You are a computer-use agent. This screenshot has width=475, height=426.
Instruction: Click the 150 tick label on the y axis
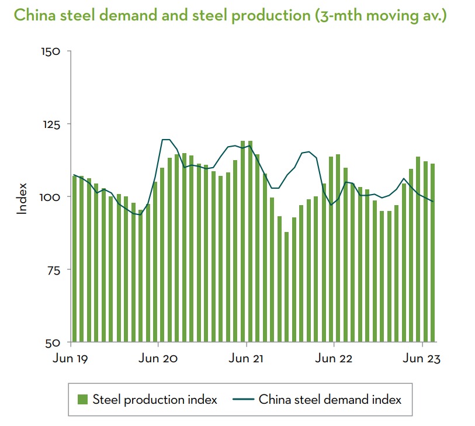pyautogui.click(x=51, y=51)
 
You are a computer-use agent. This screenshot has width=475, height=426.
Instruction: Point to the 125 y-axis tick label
pyautogui.click(x=51, y=124)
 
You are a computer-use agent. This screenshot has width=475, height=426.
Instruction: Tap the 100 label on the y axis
pyautogui.click(x=51, y=197)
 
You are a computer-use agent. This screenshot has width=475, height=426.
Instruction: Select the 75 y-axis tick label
pyautogui.click(x=53, y=269)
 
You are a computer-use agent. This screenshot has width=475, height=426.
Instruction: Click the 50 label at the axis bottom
pyautogui.click(x=53, y=342)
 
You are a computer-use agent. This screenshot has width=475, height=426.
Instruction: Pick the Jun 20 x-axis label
pyautogui.click(x=159, y=358)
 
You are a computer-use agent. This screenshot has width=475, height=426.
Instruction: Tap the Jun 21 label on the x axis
pyautogui.click(x=247, y=358)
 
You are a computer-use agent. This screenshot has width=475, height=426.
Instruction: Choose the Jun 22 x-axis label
pyautogui.click(x=334, y=358)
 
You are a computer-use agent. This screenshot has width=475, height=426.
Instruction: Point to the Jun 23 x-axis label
pyautogui.click(x=422, y=358)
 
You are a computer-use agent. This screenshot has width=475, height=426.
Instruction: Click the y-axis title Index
pyautogui.click(x=22, y=198)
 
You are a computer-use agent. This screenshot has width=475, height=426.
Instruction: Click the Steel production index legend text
pyautogui.click(x=155, y=400)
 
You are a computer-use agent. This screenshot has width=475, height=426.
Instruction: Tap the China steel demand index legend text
pyautogui.click(x=330, y=400)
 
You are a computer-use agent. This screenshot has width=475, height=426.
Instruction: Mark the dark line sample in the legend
pyautogui.click(x=243, y=400)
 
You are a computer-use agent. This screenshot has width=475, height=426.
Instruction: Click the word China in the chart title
pyautogui.click(x=32, y=15)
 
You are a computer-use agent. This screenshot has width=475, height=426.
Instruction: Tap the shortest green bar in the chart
pyautogui.click(x=286, y=287)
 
